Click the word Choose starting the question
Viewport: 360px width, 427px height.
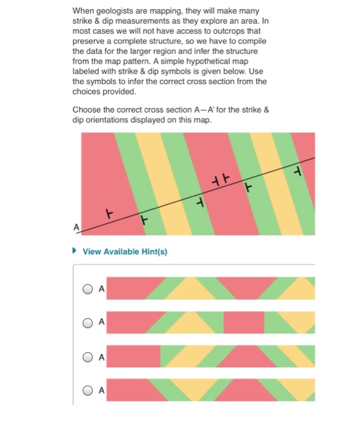[x=87, y=110]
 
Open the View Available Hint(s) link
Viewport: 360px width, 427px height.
[x=124, y=252]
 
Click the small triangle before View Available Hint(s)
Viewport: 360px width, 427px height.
[x=74, y=251]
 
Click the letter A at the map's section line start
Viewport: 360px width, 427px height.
[x=76, y=227]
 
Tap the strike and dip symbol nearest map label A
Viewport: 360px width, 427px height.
[x=110, y=214]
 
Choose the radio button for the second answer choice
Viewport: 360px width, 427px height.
[x=89, y=321]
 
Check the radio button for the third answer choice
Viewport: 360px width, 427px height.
[x=89, y=356]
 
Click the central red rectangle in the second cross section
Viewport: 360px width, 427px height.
[x=244, y=322]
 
